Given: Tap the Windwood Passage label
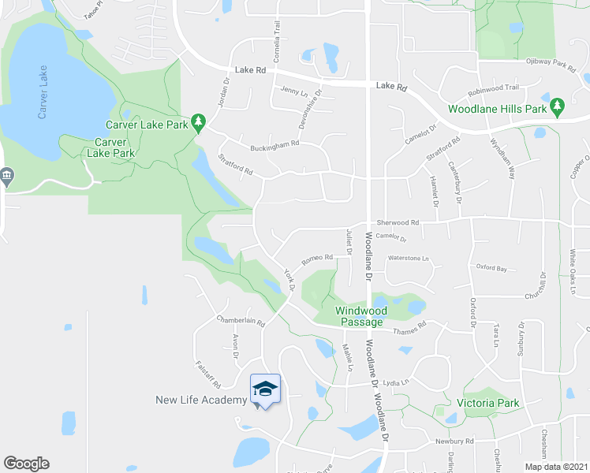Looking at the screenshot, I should (x=360, y=316).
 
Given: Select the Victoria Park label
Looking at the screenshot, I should (x=487, y=403).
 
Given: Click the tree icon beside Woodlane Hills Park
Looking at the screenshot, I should (x=557, y=106).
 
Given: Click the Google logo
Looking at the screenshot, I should (x=26, y=464).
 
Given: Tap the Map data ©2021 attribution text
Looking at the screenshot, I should (x=557, y=467).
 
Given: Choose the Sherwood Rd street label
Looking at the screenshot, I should (x=398, y=223).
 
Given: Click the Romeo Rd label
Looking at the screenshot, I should (x=318, y=258).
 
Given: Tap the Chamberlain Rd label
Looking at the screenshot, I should (x=241, y=321).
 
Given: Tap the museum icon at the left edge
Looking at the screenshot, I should (x=7, y=175).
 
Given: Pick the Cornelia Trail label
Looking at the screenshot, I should (x=277, y=35).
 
